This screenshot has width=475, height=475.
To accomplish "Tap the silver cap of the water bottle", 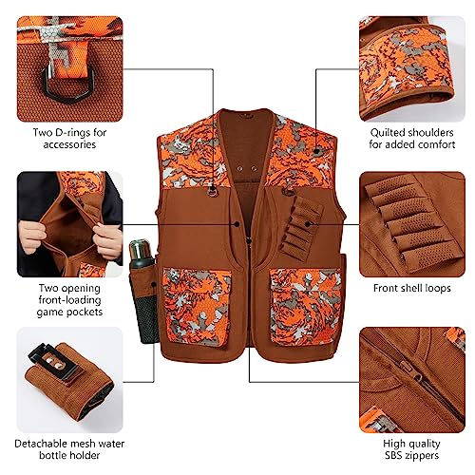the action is (x=140, y=248).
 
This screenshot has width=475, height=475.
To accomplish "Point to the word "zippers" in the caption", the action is (x=422, y=455).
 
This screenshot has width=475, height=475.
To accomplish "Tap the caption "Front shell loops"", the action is (x=412, y=288).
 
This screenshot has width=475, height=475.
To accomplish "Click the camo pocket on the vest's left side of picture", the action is (x=197, y=307).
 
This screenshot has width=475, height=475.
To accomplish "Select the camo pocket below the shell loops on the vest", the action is (x=306, y=307).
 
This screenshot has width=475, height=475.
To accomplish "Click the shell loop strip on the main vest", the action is (x=301, y=226).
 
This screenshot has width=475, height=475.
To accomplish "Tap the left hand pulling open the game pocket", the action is (x=31, y=236).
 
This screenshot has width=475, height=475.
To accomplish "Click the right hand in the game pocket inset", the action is (x=107, y=240).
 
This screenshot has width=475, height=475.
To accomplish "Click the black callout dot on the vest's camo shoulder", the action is (x=316, y=151).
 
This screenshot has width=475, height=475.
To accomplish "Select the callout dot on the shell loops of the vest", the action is (x=307, y=224).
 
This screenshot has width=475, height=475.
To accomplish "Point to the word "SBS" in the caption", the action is (x=392, y=455).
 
